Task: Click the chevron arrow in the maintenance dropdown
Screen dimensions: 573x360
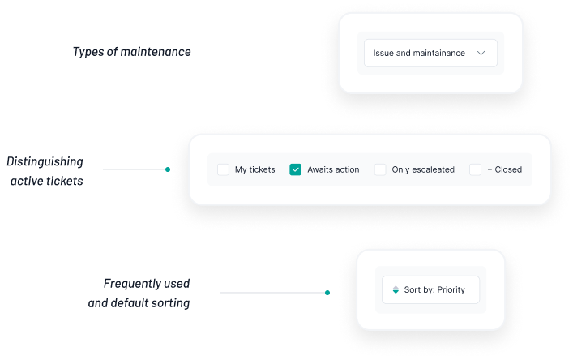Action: pos(481,53)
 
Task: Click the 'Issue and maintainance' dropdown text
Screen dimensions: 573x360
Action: pos(419,53)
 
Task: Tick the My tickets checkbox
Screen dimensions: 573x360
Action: pos(223,169)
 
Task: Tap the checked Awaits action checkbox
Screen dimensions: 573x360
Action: pos(295,169)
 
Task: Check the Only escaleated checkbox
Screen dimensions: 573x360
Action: pos(380,169)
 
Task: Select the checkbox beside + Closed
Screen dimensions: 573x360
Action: pos(475,169)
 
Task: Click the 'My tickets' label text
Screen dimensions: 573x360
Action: pos(254,169)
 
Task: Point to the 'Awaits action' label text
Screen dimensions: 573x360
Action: pos(333,169)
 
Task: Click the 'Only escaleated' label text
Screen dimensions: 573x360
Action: pos(423,169)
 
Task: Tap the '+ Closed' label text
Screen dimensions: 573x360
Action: pos(504,169)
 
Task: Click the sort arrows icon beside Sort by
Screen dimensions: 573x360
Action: pos(396,289)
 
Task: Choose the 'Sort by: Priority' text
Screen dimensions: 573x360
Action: pos(434,289)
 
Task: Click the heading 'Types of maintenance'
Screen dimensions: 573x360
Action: pos(131,52)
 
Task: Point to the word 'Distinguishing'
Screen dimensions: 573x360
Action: pos(45,161)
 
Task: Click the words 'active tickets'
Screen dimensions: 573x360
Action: pos(47,181)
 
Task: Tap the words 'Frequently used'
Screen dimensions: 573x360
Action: pos(147,284)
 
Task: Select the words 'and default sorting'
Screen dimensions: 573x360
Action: pos(139,303)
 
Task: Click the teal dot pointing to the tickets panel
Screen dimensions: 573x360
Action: pos(168,169)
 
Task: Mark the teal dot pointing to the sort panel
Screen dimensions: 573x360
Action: pos(327,293)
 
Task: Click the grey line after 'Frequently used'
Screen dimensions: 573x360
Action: pos(272,293)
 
